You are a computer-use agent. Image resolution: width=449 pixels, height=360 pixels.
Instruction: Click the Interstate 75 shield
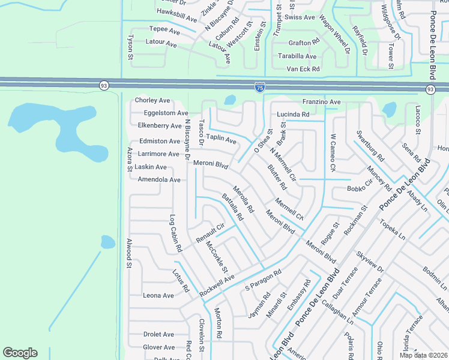tap(259, 88)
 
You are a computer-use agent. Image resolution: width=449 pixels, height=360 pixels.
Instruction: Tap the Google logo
tap(20, 353)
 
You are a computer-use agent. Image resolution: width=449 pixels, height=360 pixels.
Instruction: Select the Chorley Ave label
tap(152, 101)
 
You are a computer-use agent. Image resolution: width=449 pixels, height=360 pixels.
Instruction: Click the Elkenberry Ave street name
tap(159, 126)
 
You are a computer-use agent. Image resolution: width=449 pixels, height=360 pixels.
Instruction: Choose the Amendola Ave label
tap(158, 180)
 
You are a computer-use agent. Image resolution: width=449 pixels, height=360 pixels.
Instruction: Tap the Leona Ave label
tap(158, 296)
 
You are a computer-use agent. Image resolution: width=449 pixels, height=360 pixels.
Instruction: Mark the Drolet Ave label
tap(158, 334)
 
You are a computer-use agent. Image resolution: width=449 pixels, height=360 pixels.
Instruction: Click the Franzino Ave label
tap(321, 102)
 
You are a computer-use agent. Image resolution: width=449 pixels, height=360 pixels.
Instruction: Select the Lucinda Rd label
tap(293, 114)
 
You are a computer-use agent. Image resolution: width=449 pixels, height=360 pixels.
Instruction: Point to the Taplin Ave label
tap(221, 139)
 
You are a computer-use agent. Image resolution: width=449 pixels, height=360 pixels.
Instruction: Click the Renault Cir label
tap(209, 233)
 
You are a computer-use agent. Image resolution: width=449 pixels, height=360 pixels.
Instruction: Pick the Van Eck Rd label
tap(303, 70)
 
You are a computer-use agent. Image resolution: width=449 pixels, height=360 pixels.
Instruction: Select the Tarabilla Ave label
tap(297, 56)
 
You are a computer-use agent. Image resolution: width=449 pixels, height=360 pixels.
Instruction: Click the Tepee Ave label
tap(164, 29)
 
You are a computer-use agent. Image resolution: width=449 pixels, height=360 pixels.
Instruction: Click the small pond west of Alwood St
tap(107, 242)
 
